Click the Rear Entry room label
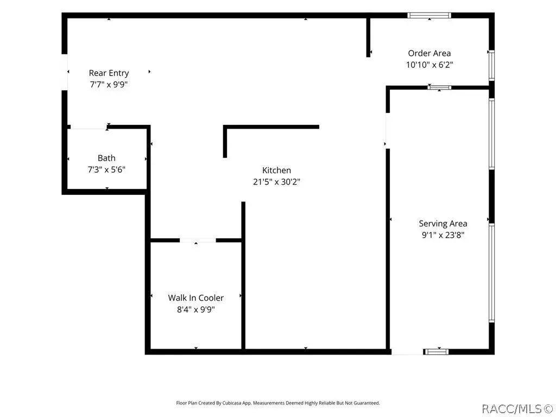(109, 73)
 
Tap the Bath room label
(106, 158)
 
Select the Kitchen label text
(276, 170)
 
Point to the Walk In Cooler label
(195, 298)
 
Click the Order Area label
(429, 53)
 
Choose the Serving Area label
(443, 224)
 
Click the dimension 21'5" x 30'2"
(276, 182)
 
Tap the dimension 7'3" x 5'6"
(106, 170)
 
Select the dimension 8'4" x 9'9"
(195, 309)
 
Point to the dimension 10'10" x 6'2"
(429, 65)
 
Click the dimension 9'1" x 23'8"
(443, 235)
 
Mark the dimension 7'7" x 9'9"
(109, 85)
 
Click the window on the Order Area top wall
(429, 15)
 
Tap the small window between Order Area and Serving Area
(439, 87)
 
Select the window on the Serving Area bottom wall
(436, 352)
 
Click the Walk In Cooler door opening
(198, 241)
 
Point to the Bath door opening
(89, 127)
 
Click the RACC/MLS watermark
(517, 409)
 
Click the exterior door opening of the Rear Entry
(65, 72)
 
